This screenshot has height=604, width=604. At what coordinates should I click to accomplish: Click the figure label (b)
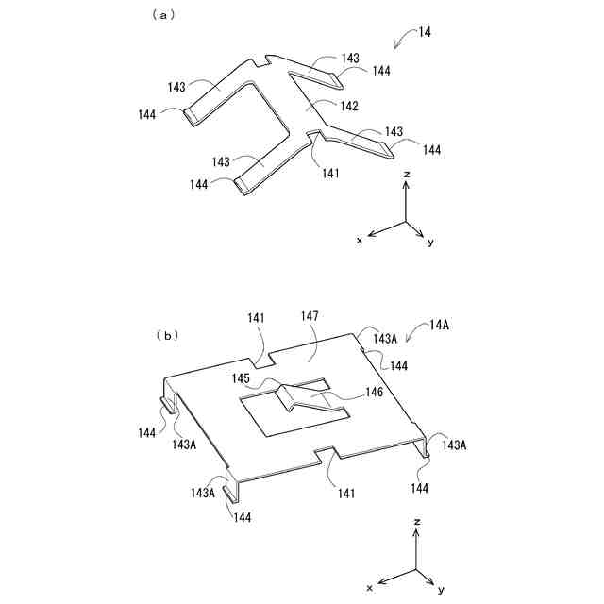tap(169, 334)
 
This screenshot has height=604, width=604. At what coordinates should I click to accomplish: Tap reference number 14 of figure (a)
tap(426, 32)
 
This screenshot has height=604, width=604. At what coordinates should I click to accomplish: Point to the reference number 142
tap(349, 107)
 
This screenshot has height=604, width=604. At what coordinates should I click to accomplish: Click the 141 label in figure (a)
tap(331, 173)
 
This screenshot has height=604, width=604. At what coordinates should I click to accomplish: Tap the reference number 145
tap(242, 378)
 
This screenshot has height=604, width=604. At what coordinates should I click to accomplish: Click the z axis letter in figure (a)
tap(406, 176)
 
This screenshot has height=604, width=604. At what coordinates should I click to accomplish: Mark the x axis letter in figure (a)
tap(360, 240)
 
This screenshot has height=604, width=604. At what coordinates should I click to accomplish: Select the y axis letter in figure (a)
tap(430, 243)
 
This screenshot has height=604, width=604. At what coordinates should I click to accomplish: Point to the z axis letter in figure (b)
tap(416, 521)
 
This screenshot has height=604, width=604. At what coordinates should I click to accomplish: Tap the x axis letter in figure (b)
tap(370, 586)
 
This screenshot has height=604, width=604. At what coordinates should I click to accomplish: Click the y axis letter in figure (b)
tap(441, 589)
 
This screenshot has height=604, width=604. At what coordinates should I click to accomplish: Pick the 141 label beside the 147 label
tap(256, 319)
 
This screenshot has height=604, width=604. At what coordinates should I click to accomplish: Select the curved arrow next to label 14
tap(404, 38)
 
